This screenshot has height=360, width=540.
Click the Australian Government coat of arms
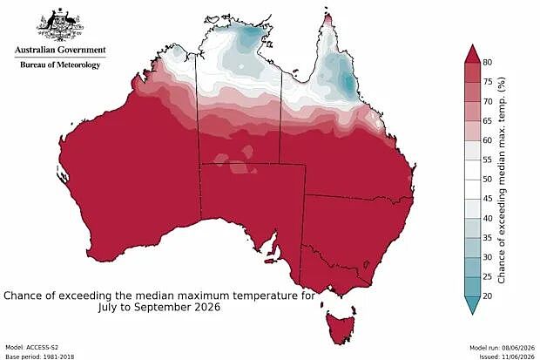(60, 24)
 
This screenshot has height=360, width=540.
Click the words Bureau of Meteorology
(60, 65)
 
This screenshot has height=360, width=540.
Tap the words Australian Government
(60, 50)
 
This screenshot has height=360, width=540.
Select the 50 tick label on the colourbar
(488, 180)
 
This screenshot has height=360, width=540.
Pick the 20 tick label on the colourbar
(488, 295)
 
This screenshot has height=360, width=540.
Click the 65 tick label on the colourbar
(488, 121)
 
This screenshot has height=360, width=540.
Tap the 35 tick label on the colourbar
(488, 238)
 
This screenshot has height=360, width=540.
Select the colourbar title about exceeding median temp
(502, 180)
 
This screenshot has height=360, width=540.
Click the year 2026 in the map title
(207, 307)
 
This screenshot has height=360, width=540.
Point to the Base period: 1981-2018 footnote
(39, 357)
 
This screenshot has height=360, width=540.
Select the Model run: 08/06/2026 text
(503, 348)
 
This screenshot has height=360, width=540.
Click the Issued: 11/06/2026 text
(507, 357)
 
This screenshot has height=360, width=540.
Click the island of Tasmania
(341, 327)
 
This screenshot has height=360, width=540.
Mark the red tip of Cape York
(328, 18)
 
